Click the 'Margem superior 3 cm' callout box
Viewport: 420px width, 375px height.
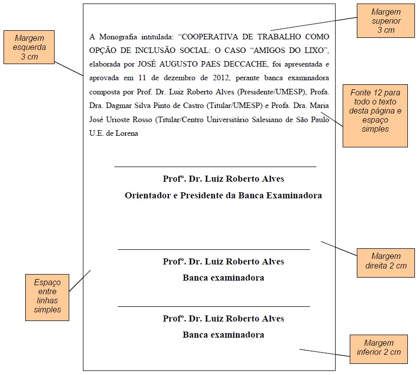point(386,21)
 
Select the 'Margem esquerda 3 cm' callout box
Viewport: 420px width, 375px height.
point(29,47)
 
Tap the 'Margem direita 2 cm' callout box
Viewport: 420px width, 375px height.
point(386,261)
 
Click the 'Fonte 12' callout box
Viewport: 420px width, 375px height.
point(375,116)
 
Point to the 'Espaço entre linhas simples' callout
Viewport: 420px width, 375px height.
point(47,296)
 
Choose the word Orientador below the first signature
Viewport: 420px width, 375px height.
point(148,195)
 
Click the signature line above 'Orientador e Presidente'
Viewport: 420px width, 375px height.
point(215,166)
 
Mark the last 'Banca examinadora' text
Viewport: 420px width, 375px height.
point(223,335)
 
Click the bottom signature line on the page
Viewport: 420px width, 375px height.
point(213,306)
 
